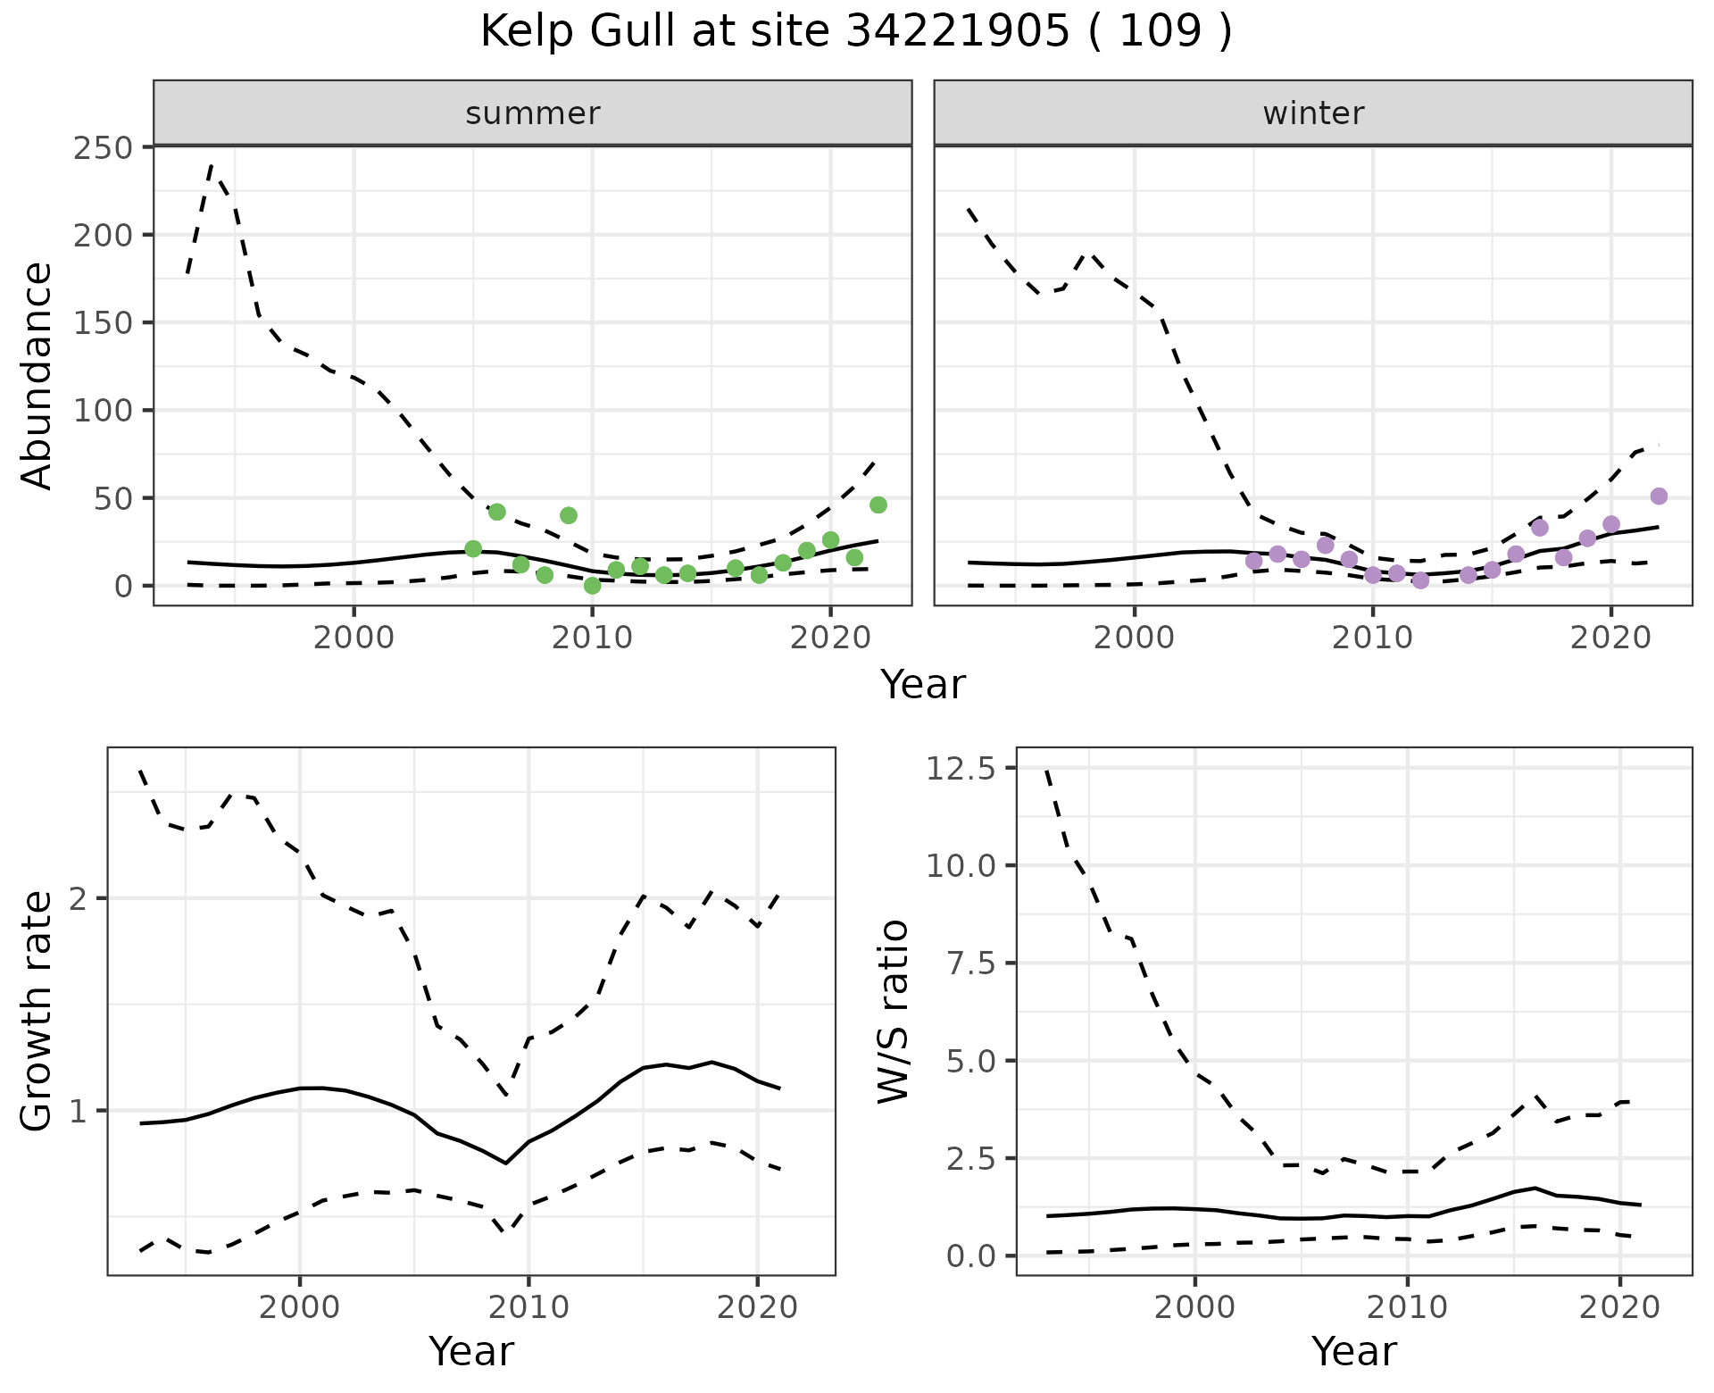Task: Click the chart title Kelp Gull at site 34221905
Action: pos(855,33)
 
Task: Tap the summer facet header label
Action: pos(533,113)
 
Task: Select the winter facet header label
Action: pos(1313,113)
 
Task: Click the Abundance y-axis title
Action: pos(37,375)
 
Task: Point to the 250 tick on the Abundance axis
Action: pos(103,147)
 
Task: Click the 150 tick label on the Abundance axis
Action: pos(103,322)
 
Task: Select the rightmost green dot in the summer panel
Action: pos(878,505)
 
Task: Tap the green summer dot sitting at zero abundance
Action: pos(592,586)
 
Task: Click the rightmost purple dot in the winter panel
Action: pos(1659,496)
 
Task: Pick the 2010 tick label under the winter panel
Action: pos(1373,639)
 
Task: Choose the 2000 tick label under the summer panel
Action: pos(354,639)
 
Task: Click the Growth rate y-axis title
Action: pos(37,1011)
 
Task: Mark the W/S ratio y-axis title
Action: pos(894,1011)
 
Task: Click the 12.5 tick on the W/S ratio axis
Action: pos(961,768)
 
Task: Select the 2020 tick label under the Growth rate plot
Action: pos(757,1308)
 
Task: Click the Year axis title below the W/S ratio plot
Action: pos(1353,1351)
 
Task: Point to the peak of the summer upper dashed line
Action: pos(212,166)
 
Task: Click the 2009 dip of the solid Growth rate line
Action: pos(505,1163)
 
